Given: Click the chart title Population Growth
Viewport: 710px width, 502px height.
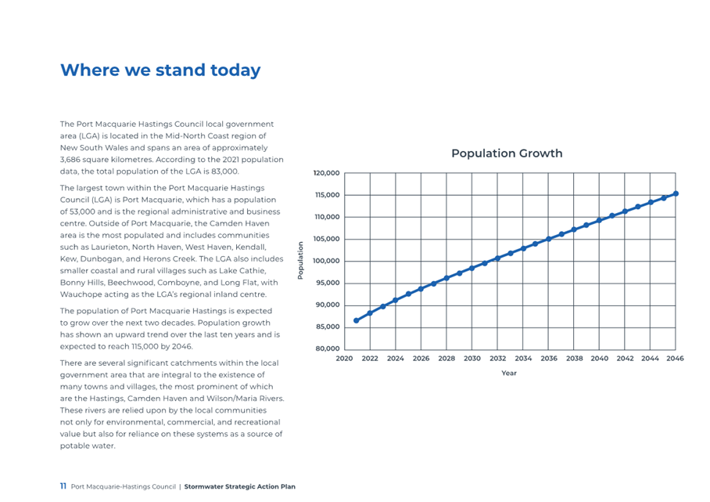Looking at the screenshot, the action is click(x=507, y=153).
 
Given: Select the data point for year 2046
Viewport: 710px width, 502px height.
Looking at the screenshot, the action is click(x=676, y=193).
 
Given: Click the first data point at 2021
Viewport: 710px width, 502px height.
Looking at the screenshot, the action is click(x=357, y=320).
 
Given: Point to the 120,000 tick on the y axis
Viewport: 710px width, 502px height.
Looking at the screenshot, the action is click(x=327, y=173).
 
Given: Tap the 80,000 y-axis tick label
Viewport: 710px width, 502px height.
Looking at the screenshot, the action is click(x=328, y=349).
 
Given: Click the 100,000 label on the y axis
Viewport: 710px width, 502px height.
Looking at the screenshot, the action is click(x=327, y=262).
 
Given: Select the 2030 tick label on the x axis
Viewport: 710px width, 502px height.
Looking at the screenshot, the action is click(x=472, y=358).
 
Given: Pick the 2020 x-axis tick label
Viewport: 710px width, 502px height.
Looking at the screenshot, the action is click(x=344, y=358).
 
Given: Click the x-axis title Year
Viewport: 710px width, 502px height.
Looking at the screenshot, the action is click(x=509, y=373).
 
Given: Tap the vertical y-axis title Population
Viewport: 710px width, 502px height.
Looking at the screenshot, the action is click(x=300, y=260).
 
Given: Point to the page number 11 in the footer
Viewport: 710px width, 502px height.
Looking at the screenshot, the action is click(x=63, y=486).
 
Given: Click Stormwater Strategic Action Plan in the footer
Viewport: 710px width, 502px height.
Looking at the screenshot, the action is click(x=239, y=486).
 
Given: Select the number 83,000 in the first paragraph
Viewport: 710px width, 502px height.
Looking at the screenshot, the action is click(x=224, y=172).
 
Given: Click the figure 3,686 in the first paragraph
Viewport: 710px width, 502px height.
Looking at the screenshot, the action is click(x=70, y=160).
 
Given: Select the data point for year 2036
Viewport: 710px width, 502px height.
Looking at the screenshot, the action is click(x=548, y=239).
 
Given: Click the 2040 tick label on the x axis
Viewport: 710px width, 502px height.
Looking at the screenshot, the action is click(x=599, y=358).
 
